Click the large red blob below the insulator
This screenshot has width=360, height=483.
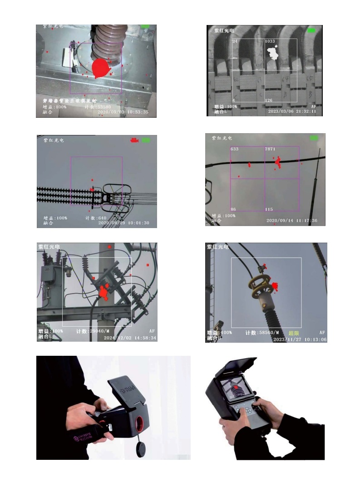101,68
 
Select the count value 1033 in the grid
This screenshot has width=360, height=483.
270,41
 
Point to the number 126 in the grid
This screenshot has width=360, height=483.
269,100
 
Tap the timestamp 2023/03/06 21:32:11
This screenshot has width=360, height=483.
292,111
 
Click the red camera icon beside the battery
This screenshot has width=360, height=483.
134,140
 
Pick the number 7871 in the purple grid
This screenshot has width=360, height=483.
271,149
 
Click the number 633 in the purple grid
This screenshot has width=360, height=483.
235,149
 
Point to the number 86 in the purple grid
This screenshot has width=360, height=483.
233,209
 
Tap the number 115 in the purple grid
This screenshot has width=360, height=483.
269,209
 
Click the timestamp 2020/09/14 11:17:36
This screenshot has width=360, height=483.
292,220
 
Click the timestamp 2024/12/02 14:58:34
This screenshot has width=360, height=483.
130,338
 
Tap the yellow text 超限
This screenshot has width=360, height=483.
294,333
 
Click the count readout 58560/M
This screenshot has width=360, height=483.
262,333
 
